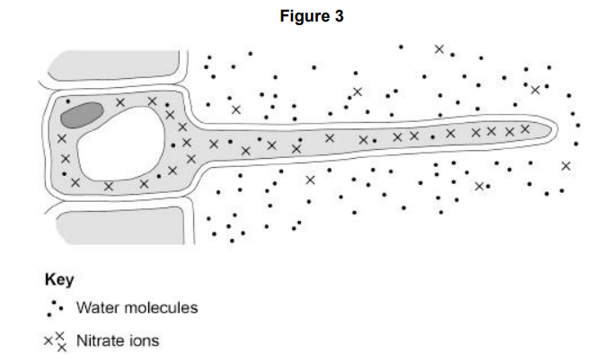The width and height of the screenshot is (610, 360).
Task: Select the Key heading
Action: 59,279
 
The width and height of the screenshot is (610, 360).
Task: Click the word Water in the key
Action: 96,308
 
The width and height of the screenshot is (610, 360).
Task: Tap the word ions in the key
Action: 144,340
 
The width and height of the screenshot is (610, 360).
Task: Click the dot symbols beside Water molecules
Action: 56,308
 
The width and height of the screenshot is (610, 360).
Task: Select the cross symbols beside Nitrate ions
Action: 57,340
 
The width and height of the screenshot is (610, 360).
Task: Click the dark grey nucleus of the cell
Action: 80,112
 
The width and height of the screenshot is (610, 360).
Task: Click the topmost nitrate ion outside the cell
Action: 438,49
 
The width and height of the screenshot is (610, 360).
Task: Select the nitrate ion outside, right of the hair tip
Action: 565,166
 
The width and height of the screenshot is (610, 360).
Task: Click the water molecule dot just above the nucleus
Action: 66,100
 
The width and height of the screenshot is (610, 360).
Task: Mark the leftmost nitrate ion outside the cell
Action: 235,110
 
